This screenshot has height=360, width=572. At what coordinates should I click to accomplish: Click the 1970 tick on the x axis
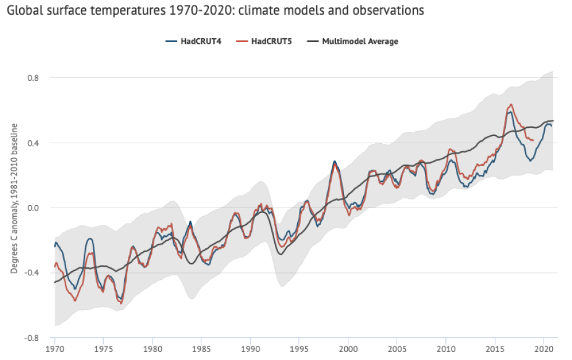[x=55, y=350]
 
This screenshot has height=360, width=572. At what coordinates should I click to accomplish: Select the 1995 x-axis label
[x=299, y=350]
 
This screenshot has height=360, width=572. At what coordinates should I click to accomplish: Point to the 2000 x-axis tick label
[x=348, y=350]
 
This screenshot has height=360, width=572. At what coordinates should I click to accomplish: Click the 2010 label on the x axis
[x=446, y=350]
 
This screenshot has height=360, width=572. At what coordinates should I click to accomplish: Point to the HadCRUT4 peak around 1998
[x=334, y=161]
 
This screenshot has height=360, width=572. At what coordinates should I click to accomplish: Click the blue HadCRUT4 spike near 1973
[x=90, y=238]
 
